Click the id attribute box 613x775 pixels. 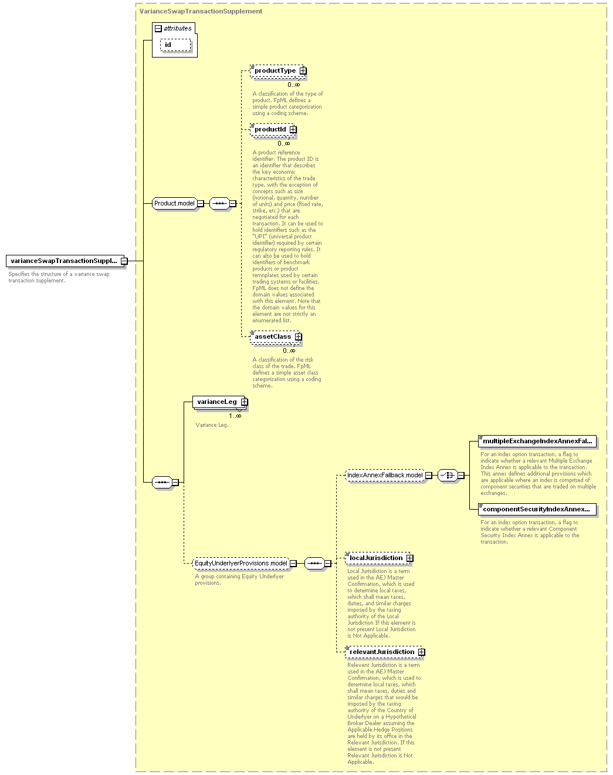pyautogui.click(x=175, y=45)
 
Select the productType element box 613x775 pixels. pyautogui.click(x=278, y=71)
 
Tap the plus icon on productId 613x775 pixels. pyautogui.click(x=293, y=129)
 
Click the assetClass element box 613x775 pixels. pyautogui.click(x=276, y=337)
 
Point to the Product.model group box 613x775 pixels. pyautogui.click(x=175, y=204)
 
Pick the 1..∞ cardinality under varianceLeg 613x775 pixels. pyautogui.click(x=235, y=416)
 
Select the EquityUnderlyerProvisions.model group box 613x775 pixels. pyautogui.click(x=241, y=563)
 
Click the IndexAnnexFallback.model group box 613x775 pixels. pyautogui.click(x=385, y=476)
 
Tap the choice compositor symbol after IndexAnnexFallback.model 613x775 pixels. pyautogui.click(x=448, y=476)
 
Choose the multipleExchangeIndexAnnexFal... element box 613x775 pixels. pyautogui.click(x=537, y=441)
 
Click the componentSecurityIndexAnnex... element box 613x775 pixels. pyautogui.click(x=537, y=509)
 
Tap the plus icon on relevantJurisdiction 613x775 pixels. pyautogui.click(x=422, y=652)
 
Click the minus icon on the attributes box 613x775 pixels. pyautogui.click(x=158, y=28)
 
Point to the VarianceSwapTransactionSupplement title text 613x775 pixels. pyautogui.click(x=201, y=11)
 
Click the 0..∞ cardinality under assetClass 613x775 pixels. pyautogui.click(x=289, y=351)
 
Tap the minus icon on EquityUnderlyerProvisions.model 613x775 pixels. pyautogui.click(x=293, y=563)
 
